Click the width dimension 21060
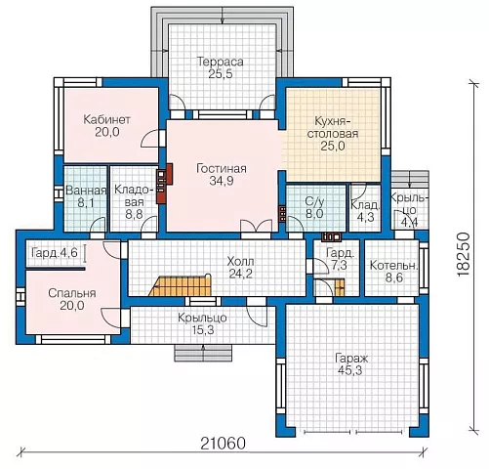click(x=223, y=444)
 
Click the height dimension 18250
click(x=464, y=255)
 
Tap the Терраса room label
click(x=221, y=62)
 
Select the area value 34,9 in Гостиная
click(x=222, y=181)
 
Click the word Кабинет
click(x=106, y=119)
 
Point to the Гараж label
click(x=351, y=359)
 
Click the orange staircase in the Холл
click(x=181, y=285)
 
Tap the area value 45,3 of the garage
click(x=350, y=370)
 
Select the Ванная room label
click(x=86, y=191)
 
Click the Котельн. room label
click(x=393, y=266)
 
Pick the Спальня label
click(x=72, y=293)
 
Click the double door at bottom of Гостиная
click(x=256, y=226)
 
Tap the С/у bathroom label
click(x=314, y=202)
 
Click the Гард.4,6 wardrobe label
click(x=55, y=252)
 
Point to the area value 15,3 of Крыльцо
click(x=202, y=330)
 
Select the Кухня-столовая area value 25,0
click(x=333, y=147)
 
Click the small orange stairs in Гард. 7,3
click(x=340, y=287)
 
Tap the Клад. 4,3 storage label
click(x=365, y=211)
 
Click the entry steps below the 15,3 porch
click(x=203, y=353)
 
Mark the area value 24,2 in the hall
click(x=241, y=274)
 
